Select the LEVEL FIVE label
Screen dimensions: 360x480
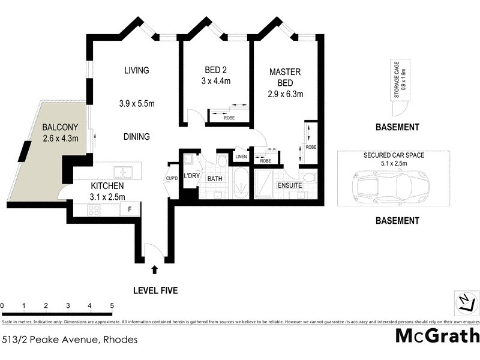point(155,291)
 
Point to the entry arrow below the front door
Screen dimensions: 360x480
point(155,269)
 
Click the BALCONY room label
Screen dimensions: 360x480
point(61,128)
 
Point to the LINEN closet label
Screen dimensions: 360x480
point(241,157)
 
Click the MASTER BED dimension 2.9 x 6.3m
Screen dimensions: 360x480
point(286,94)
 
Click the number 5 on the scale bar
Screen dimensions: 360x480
point(112,305)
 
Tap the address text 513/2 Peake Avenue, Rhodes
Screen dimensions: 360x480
point(70,340)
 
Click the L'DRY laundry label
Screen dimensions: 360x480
point(192,176)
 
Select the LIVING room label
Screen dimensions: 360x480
point(136,70)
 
